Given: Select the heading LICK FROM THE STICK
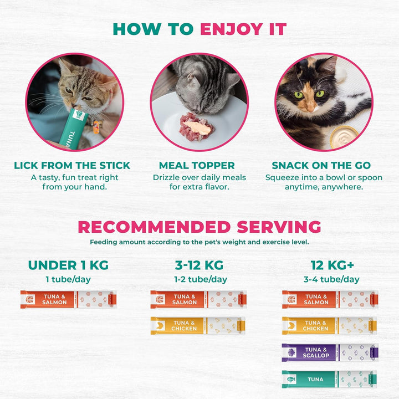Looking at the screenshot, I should point(72,166).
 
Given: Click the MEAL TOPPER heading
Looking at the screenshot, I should point(197,166).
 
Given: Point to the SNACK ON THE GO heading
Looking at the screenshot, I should point(321,166).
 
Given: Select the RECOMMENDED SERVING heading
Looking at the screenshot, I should point(199,227).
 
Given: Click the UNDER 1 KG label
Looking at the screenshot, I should point(68,265).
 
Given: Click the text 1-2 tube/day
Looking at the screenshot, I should point(199,280).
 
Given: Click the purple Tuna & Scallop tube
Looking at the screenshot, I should point(329,352).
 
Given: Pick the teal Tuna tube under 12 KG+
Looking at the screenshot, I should point(329,379).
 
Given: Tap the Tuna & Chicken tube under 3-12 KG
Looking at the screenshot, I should point(198,326).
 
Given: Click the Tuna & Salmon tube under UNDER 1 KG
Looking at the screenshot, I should point(68,299).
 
